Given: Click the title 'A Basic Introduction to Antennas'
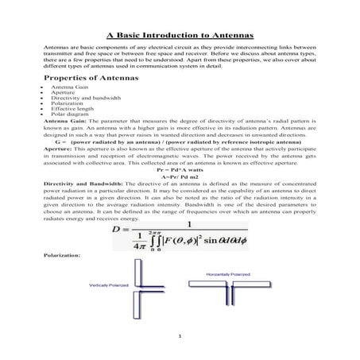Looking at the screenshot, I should click(x=180, y=36).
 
